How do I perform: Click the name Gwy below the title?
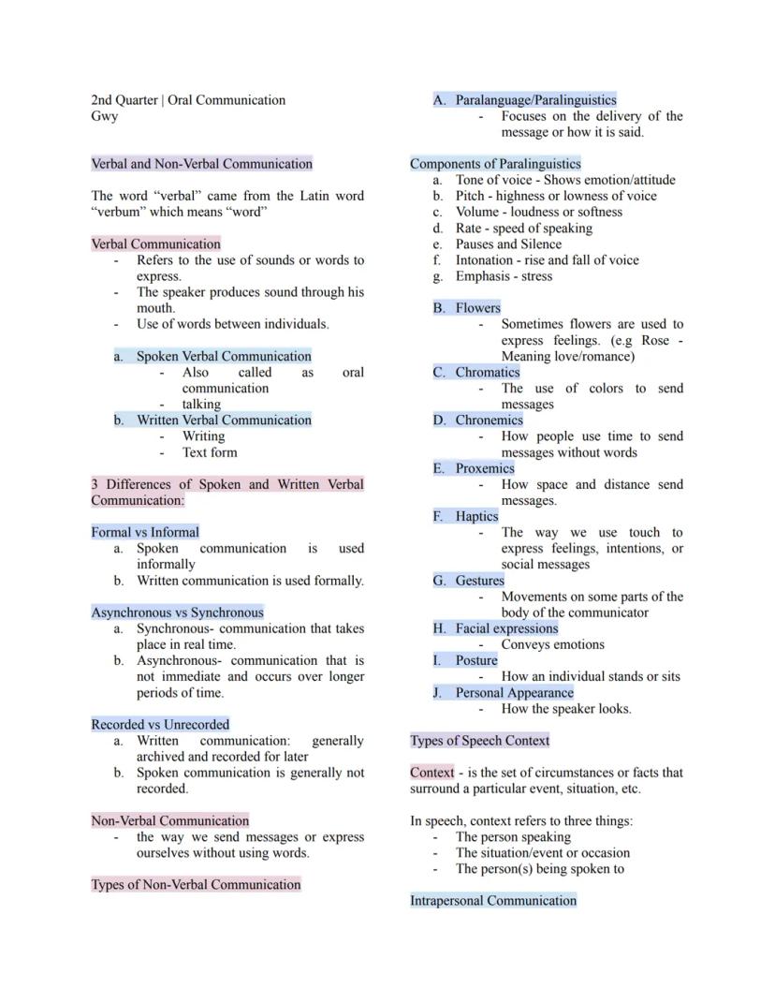[104, 116]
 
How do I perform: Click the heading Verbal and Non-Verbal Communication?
[201, 164]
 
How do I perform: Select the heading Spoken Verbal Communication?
[224, 356]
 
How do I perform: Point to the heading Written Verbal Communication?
[224, 420]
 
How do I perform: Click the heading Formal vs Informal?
[145, 532]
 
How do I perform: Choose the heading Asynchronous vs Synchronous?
[177, 612]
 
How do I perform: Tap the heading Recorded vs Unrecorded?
[160, 725]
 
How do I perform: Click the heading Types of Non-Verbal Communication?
[196, 885]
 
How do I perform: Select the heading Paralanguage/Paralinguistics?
[535, 100]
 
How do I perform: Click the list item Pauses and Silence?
[508, 244]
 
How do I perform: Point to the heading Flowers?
[477, 308]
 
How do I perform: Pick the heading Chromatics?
[487, 373]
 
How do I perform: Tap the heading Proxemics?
[485, 468]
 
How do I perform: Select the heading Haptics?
[476, 516]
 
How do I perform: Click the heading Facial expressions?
[506, 628]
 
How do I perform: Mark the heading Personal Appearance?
[514, 693]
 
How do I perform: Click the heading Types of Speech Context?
[480, 741]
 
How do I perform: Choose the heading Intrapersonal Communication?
[493, 901]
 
